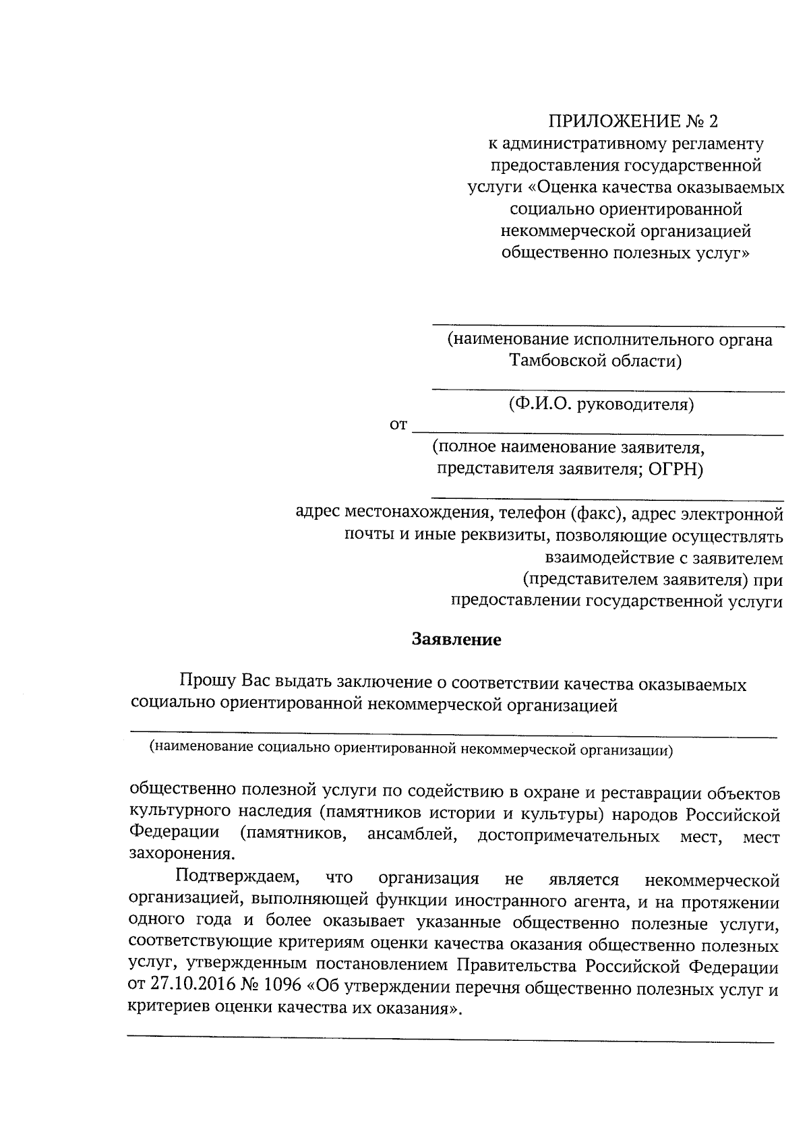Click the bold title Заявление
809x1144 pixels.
click(x=456, y=640)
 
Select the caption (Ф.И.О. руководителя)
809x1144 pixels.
click(x=601, y=404)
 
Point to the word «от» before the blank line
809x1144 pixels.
click(x=398, y=425)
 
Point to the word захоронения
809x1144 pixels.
click(x=181, y=855)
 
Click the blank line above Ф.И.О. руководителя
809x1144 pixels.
click(x=607, y=390)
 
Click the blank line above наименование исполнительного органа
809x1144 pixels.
click(x=607, y=326)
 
